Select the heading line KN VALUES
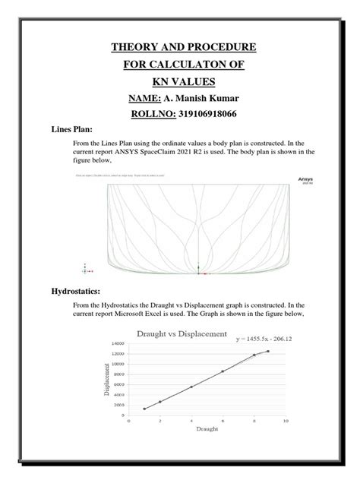[180, 82]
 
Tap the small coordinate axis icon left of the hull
[85, 268]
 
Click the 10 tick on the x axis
[286, 421]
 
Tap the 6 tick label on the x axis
[223, 421]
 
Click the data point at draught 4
[191, 387]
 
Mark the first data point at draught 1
[144, 409]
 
